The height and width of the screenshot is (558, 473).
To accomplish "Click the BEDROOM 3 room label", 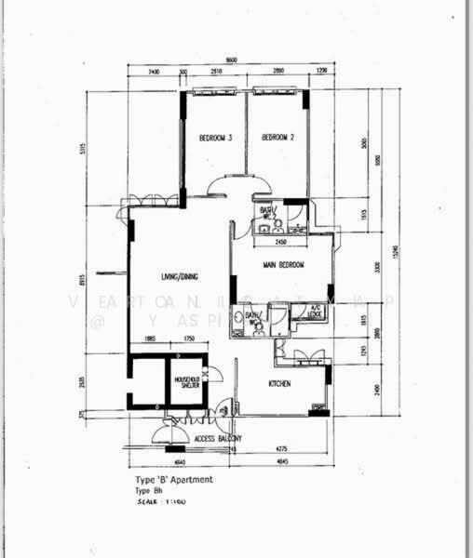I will pyautogui.click(x=215, y=139).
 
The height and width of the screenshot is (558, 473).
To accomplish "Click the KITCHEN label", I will pyautogui.click(x=282, y=383).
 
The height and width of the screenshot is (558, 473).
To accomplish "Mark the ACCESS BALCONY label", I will pyautogui.click(x=219, y=438).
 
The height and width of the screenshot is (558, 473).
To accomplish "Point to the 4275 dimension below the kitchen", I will pyautogui.click(x=279, y=451).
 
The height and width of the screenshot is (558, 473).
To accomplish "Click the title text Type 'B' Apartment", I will pyautogui.click(x=174, y=480).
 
